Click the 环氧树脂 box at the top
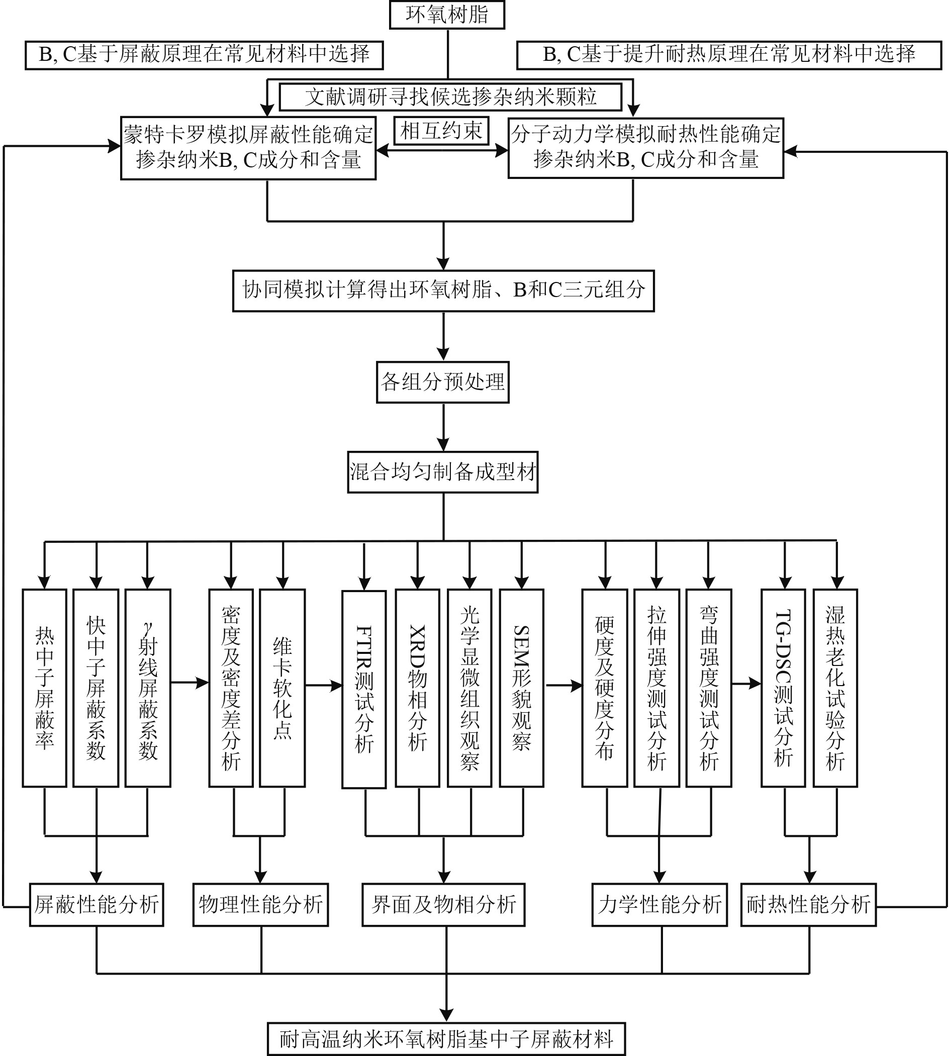tap(447, 15)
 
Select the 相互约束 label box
tap(441, 131)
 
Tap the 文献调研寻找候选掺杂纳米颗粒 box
tap(450, 97)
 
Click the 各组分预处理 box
tap(443, 381)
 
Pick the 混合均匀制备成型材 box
tap(443, 472)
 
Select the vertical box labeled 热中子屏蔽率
tap(44, 688)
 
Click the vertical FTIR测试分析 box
tap(364, 689)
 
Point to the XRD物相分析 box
tap(417, 688)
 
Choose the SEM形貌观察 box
tap(521, 688)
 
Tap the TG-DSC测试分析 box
tap(783, 688)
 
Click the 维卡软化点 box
tap(282, 688)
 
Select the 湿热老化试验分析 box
tap(835, 688)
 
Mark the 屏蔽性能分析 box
tap(97, 905)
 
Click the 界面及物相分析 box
tap(443, 905)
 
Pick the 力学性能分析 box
tap(659, 905)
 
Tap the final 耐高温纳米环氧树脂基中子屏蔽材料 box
tap(446, 1039)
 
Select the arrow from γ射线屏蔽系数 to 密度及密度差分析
tap(189, 682)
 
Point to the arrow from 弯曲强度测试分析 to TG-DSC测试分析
tap(746, 683)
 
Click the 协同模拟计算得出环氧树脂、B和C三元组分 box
tap(443, 290)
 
